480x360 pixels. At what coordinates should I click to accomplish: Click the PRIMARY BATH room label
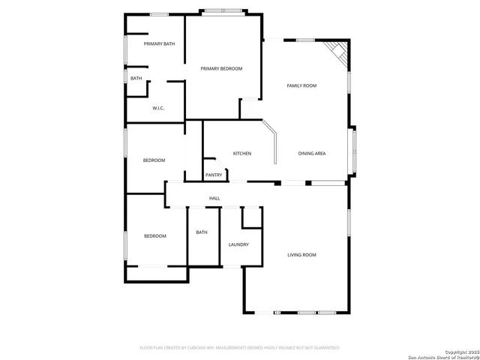pos(159,43)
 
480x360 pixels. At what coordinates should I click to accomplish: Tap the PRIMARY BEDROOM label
pos(221,68)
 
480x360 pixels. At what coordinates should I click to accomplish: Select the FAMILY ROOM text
pos(301,85)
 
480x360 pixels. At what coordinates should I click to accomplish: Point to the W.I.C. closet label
pos(158,109)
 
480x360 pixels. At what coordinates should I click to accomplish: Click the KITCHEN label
pos(241,154)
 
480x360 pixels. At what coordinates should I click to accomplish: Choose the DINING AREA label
pos(311,154)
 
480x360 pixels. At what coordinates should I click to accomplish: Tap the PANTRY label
pos(214,175)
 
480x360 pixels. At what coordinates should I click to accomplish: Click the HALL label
pos(214,198)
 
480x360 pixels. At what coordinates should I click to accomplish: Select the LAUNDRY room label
pos(238,244)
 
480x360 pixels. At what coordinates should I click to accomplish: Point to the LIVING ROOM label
pos(301,255)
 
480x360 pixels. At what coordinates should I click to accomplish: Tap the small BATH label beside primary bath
pos(136,78)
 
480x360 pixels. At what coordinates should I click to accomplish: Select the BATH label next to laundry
pos(202,232)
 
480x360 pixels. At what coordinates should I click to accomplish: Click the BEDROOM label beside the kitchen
pos(154,160)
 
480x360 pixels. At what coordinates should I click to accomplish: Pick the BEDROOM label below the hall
pos(154,236)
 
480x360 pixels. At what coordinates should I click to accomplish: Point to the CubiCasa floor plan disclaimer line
pos(240,347)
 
